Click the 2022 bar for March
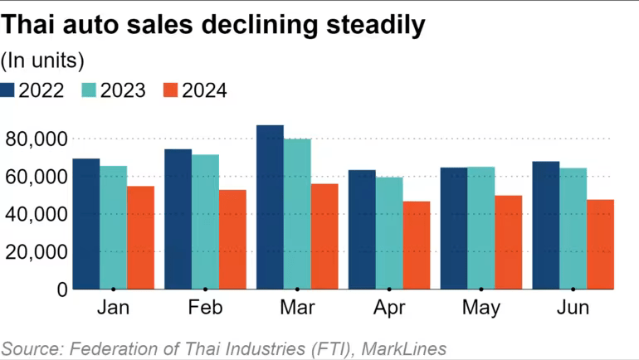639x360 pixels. pos(270,207)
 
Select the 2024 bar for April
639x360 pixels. pos(417,245)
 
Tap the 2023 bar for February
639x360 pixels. pos(205,221)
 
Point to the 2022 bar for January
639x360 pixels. pos(85,223)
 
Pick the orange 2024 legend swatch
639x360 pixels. pos(170,90)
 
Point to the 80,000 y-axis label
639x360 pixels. pos(35,139)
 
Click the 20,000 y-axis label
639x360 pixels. pos(35,251)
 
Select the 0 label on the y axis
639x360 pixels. pos(61,289)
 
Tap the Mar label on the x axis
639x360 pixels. pos(297,308)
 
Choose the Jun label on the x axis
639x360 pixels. pos(573,308)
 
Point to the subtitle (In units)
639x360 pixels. pos(42,60)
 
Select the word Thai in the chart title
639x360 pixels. pos(29,26)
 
